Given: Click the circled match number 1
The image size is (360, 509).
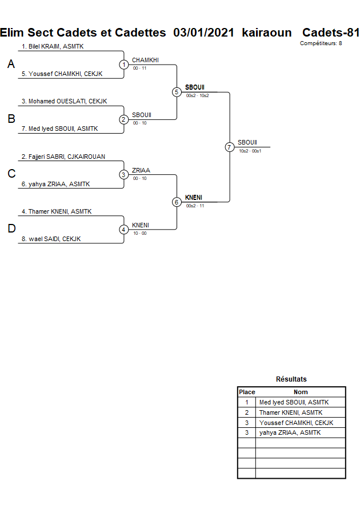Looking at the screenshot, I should [124, 65].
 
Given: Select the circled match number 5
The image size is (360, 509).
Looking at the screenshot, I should [177, 92].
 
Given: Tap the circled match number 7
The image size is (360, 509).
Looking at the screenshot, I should [230, 147].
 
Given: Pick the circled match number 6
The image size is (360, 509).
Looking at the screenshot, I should [177, 202].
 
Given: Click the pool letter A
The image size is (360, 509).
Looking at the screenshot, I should [11, 65].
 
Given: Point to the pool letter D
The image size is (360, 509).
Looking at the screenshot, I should [11, 229].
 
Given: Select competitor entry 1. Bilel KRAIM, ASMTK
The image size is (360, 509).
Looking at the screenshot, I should [53, 46].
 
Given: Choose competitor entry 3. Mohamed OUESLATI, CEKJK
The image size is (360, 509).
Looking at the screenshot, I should [63, 101].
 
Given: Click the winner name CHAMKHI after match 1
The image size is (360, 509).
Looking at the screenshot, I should [145, 60].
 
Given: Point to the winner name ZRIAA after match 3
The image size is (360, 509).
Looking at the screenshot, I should [141, 170].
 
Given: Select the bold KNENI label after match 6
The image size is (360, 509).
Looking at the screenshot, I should [194, 198].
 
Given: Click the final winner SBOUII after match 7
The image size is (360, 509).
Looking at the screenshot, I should [247, 142].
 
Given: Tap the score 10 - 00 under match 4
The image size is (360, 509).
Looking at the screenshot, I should [139, 233].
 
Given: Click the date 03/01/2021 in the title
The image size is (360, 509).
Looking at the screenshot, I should [204, 33].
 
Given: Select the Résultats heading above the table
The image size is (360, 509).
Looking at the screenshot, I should [291, 379].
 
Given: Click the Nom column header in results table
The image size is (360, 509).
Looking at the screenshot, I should [301, 392].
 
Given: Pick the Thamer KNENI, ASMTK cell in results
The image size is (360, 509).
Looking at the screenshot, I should [290, 412].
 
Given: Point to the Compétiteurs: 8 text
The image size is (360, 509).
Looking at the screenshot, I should [321, 43].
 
